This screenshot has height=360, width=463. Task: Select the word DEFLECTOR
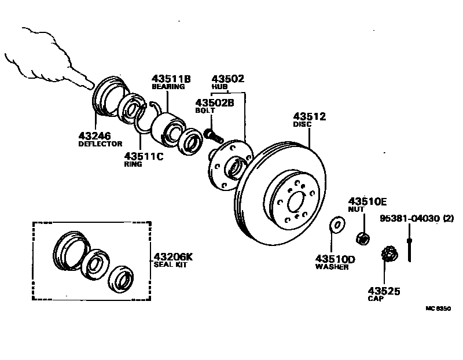tap(100, 144)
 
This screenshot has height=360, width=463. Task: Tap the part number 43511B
tap(171, 78)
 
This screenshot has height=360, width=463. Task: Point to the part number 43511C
tap(144, 156)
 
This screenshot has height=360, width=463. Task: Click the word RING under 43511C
tap(133, 164)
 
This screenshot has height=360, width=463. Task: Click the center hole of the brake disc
tap(295, 201)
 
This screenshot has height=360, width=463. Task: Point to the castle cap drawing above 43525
tap(389, 254)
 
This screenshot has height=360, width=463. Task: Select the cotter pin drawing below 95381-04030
tap(409, 246)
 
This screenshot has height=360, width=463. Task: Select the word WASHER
tap(332, 267)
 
